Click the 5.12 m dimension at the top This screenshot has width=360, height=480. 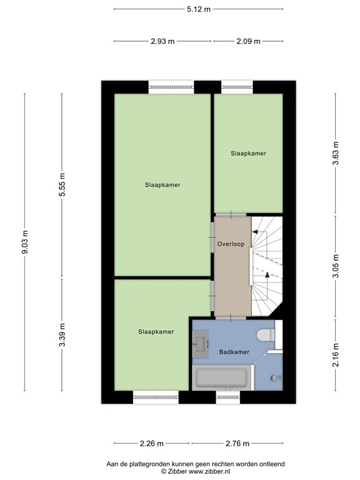(198, 9)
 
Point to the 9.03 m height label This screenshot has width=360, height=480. (25, 240)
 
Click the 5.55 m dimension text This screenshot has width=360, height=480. (61, 185)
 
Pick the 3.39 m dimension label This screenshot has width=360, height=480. (61, 333)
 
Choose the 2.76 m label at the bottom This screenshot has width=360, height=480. (237, 444)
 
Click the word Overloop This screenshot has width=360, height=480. (231, 244)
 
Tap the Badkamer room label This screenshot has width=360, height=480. (234, 352)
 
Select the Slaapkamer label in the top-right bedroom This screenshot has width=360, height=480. (248, 153)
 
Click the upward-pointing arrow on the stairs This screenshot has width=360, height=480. (268, 274)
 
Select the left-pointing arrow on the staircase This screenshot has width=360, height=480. (255, 232)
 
